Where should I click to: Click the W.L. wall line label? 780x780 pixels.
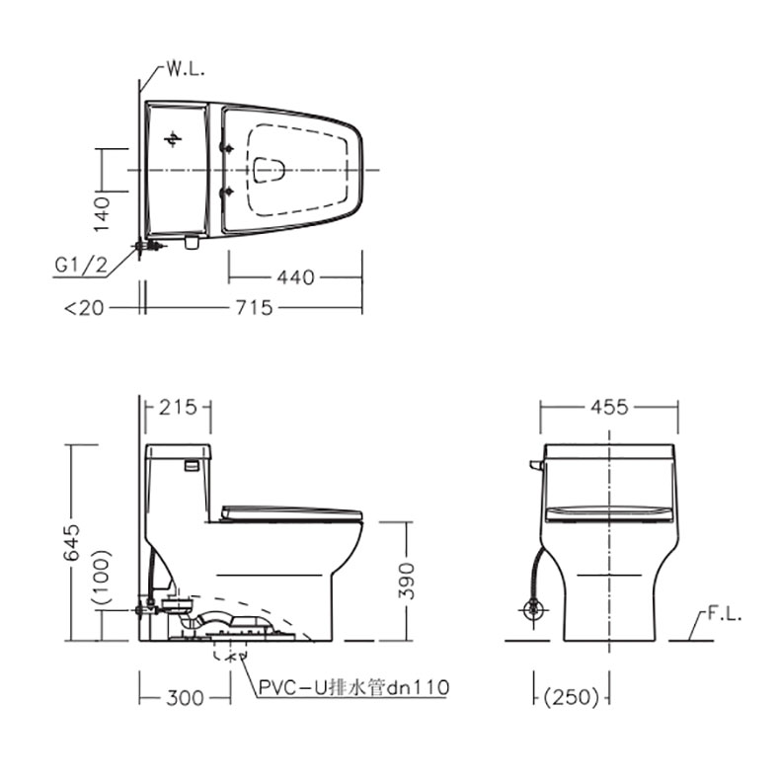point(186,69)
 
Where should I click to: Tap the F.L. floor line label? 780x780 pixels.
point(725,614)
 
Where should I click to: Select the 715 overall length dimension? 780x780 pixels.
point(254,307)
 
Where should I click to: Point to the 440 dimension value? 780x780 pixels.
point(295,277)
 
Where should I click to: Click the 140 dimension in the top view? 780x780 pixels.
point(102,214)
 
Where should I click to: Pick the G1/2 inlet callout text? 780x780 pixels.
point(81,266)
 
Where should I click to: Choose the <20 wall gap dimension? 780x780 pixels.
point(84,308)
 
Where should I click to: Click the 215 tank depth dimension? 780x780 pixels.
point(178,408)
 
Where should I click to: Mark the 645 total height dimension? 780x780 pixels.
point(72,542)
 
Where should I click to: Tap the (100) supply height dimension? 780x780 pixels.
point(102,577)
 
